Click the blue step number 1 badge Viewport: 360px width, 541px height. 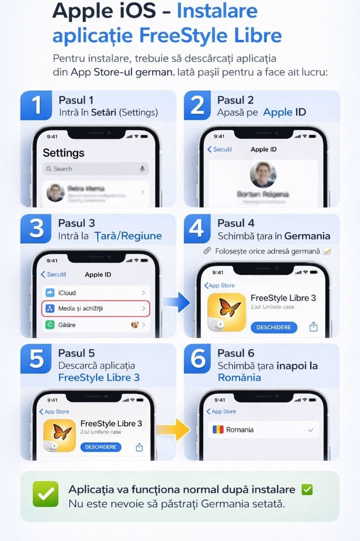click(36, 105)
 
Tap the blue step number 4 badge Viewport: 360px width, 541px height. click(196, 228)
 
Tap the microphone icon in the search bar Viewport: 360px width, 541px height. click(141, 169)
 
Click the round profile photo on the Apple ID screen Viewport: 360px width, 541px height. click(263, 175)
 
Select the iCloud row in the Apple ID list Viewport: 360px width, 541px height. click(95, 293)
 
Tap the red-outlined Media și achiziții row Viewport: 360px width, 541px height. click(95, 308)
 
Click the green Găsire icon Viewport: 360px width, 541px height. click(50, 325)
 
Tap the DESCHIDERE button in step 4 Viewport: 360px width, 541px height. click(273, 328)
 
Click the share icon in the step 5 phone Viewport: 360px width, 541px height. click(139, 447)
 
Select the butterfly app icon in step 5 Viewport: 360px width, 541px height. click(60, 435)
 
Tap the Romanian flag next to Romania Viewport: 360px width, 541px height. click(217, 430)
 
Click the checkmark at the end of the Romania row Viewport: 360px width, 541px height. click(310, 430)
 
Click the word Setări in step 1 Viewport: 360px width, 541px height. click(103, 113)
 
